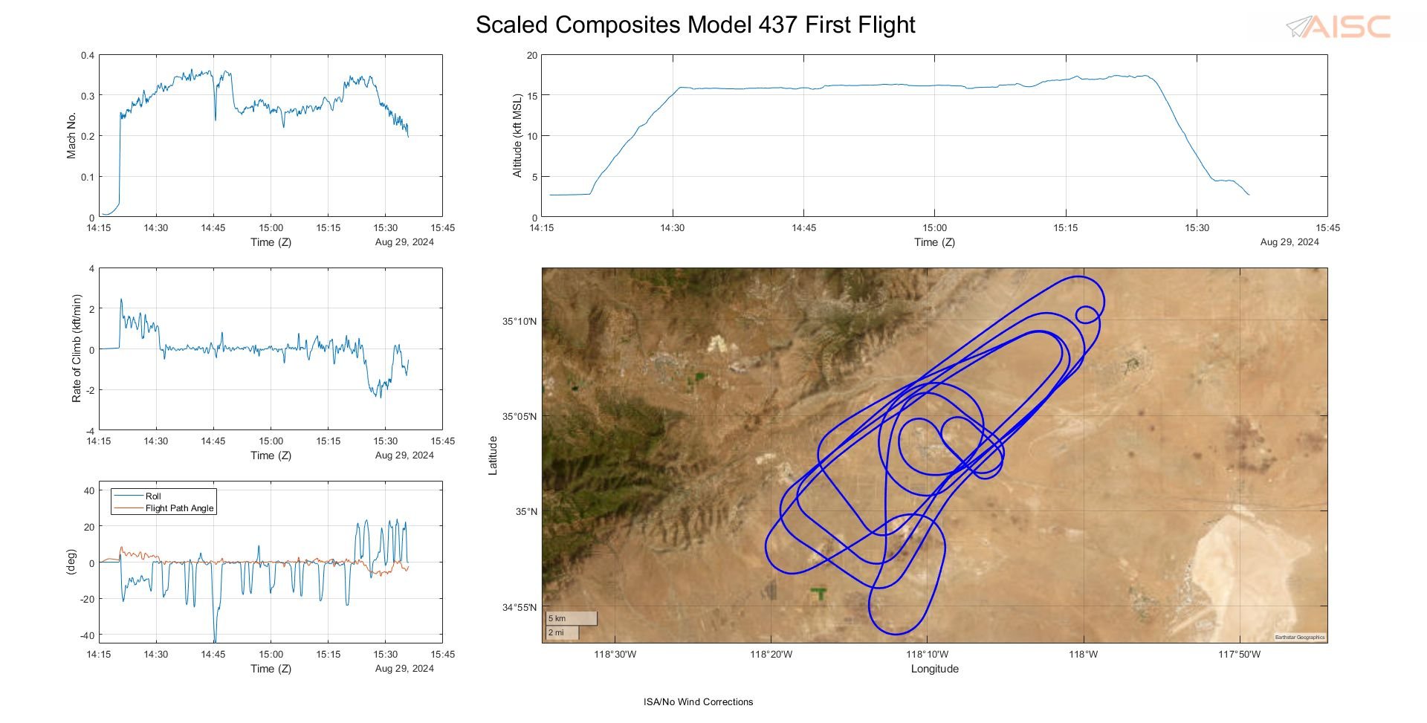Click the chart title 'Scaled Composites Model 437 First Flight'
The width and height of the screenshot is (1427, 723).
click(x=695, y=25)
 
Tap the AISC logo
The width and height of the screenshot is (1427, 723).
click(x=1339, y=27)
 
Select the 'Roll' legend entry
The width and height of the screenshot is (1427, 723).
click(x=153, y=496)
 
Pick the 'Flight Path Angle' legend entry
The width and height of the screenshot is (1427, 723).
click(x=179, y=508)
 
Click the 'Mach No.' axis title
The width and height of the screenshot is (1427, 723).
click(x=71, y=135)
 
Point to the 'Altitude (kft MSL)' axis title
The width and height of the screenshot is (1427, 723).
click(x=517, y=135)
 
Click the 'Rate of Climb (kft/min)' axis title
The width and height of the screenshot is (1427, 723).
click(x=76, y=348)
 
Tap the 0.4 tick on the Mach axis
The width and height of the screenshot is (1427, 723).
click(x=88, y=56)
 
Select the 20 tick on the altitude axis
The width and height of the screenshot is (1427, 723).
click(x=531, y=56)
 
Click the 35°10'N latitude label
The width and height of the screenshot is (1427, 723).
click(x=519, y=321)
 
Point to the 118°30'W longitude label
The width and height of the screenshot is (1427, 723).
click(x=615, y=655)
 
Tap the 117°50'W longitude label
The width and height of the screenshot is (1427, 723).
click(x=1239, y=655)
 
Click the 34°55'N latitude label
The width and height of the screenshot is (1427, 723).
click(x=519, y=607)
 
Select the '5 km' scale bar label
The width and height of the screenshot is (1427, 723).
click(x=557, y=618)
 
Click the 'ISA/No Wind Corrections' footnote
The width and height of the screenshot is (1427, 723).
click(x=698, y=701)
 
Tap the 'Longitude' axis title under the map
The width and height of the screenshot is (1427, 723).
click(x=934, y=669)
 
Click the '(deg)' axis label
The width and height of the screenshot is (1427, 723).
click(x=71, y=562)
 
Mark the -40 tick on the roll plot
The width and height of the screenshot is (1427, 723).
click(x=88, y=635)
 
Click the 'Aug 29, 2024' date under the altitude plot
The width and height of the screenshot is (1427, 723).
click(x=1290, y=241)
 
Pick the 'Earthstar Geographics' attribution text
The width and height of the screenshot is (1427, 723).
click(x=1300, y=637)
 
